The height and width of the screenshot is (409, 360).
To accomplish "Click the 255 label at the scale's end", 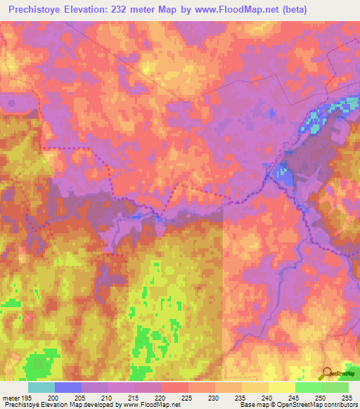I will (347, 397).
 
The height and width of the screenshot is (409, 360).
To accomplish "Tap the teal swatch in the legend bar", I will (41, 387).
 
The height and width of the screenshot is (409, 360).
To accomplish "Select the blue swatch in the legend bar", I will (67, 387).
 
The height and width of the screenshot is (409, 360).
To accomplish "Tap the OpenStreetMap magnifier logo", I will (327, 373).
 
